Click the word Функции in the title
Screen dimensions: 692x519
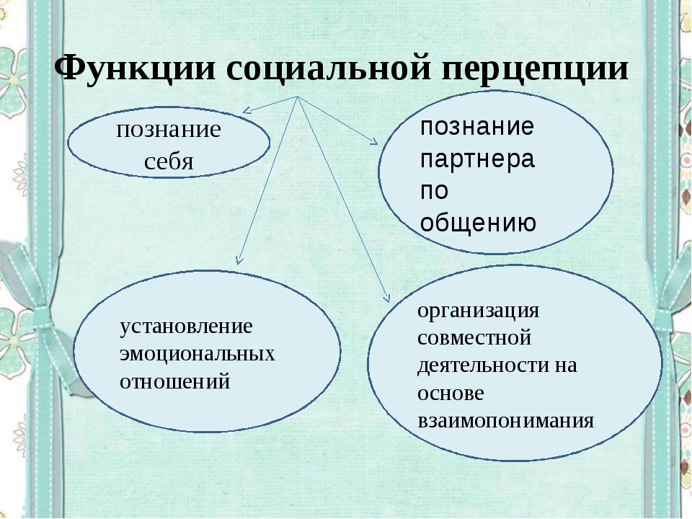tap(135, 68)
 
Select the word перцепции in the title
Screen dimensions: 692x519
tap(535, 69)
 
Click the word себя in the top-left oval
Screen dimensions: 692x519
tap(169, 161)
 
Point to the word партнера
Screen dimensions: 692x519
tap(477, 159)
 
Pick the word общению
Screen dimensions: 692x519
tap(478, 222)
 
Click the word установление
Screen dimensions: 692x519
tap(186, 327)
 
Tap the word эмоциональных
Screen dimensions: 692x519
tap(198, 354)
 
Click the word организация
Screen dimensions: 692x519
tap(479, 311)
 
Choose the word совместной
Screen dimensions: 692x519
tap(474, 338)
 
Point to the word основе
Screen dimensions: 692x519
tap(451, 393)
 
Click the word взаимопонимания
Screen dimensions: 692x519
tap(506, 420)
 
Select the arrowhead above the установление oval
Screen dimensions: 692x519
tap(239, 261)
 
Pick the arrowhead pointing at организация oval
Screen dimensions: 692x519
tap(388, 298)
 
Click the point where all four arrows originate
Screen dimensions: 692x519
tap(297, 96)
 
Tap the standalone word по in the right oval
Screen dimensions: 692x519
tap(434, 190)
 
